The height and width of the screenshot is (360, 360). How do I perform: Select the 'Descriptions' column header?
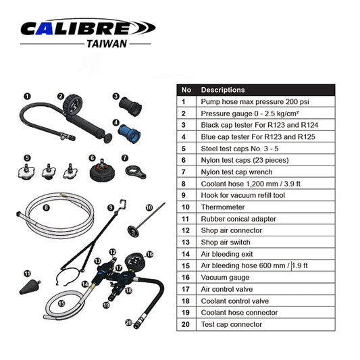223,90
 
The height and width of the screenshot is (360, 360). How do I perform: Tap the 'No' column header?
187,90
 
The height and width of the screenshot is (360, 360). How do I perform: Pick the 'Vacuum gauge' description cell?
227,278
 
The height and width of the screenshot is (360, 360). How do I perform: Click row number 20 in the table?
187,324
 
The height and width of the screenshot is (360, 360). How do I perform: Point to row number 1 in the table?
187,102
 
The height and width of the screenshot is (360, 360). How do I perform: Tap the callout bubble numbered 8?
46,208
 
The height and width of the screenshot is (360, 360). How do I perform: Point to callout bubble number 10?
150,207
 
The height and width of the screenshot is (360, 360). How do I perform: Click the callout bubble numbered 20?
128,323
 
